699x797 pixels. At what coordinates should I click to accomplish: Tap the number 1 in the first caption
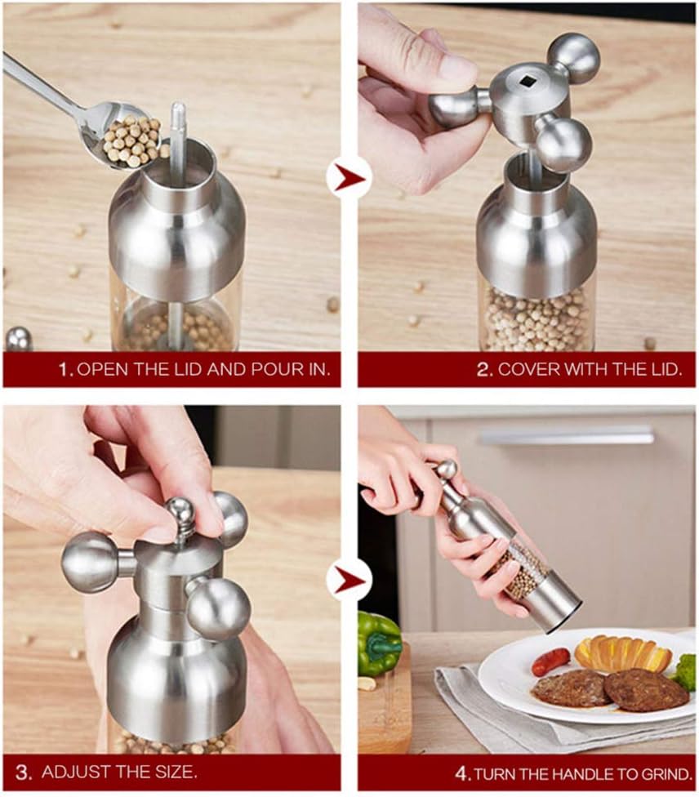(x=65, y=370)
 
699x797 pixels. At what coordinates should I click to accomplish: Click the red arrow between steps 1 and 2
(x=349, y=178)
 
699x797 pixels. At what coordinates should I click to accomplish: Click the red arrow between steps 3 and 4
(x=349, y=580)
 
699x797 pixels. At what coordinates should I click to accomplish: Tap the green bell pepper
(x=378, y=643)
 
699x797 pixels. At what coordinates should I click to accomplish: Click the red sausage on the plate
(x=550, y=661)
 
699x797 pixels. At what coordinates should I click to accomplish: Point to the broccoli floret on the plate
(x=687, y=671)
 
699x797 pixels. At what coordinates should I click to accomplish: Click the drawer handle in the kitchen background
(x=566, y=436)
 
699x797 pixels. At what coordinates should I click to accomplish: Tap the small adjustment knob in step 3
(x=181, y=514)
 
